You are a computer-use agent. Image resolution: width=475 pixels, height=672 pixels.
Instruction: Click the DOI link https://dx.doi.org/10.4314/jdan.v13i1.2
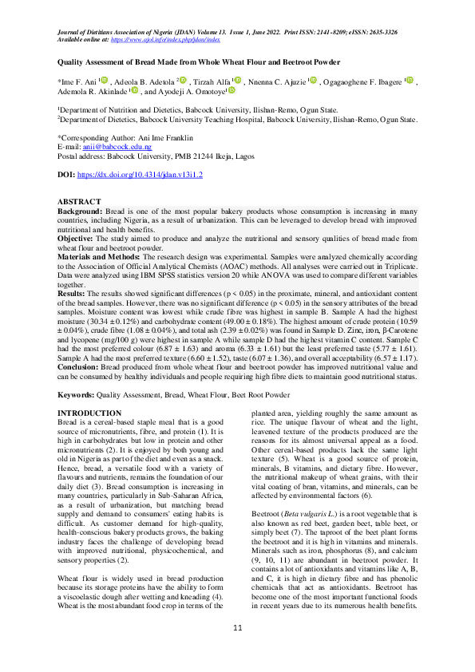(x=141, y=173)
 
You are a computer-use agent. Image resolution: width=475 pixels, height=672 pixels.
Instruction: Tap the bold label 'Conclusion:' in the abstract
(x=78, y=369)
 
